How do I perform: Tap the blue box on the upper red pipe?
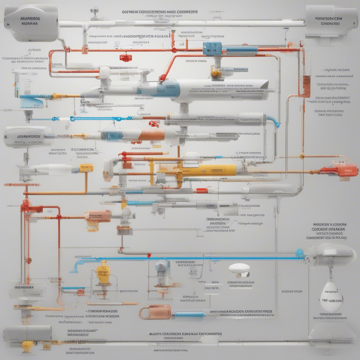pos(212,49)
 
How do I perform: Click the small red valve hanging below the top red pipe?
pos(126,58)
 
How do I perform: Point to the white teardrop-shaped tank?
pos(331,297)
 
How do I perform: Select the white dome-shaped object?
pos(239,269)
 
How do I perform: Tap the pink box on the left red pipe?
pos(98,216)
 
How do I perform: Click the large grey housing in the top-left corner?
pos(31,23)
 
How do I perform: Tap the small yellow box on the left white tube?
pos(86,168)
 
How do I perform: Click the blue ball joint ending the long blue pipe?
pos(300,252)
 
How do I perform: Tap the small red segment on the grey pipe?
pos(201,191)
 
